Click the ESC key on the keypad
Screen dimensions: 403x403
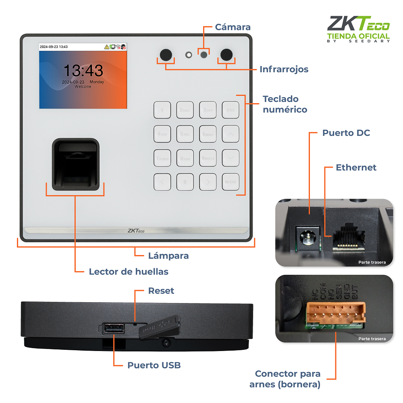coord(231,110)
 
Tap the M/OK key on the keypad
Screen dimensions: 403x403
coord(231,182)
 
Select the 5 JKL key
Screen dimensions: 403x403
coord(185,134)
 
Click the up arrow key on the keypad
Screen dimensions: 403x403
coord(231,134)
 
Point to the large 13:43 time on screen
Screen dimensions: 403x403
coord(83,71)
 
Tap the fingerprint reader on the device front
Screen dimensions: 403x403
coord(75,164)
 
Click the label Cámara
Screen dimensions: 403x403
coord(233,27)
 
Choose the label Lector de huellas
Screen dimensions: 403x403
coord(129,272)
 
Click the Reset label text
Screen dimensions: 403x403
coord(161,291)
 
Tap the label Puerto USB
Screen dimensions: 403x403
coord(154,366)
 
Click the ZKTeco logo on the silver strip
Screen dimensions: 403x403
coord(136,231)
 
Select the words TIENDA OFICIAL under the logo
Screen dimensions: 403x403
coord(358,36)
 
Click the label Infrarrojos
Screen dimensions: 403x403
coord(284,69)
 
